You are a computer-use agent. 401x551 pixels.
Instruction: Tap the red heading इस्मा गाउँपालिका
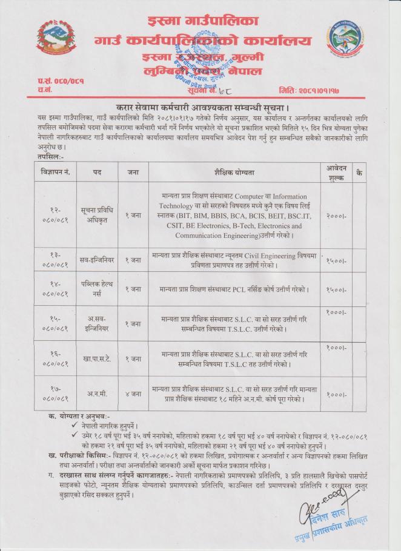pos(200,20)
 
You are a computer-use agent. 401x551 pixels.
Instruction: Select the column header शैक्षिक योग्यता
pos(233,173)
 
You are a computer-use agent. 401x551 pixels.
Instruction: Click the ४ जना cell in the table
pos(131,394)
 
